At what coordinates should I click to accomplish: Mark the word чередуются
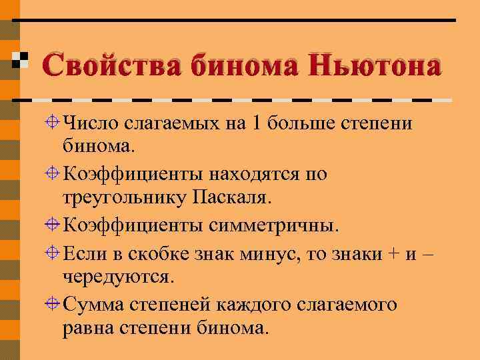click(x=119, y=276)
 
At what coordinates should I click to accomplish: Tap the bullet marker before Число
click(x=53, y=122)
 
